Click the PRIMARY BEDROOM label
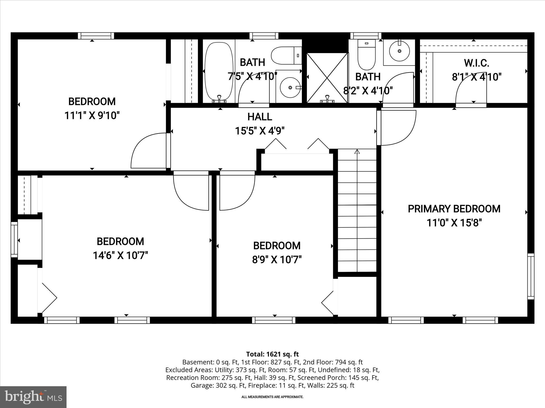click(454, 209)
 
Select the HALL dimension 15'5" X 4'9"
click(260, 131)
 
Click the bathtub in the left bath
click(219, 71)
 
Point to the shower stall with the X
click(327, 78)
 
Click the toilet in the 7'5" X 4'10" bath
click(286, 56)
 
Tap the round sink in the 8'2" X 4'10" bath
click(399, 51)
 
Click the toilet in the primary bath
click(366, 54)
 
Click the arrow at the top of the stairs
click(357, 152)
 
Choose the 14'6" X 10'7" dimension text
click(120, 256)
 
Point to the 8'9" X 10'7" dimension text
click(277, 260)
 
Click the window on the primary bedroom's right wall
click(531, 276)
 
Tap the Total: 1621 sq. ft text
click(272, 354)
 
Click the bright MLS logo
click(33, 397)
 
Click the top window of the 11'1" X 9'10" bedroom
click(96, 36)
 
